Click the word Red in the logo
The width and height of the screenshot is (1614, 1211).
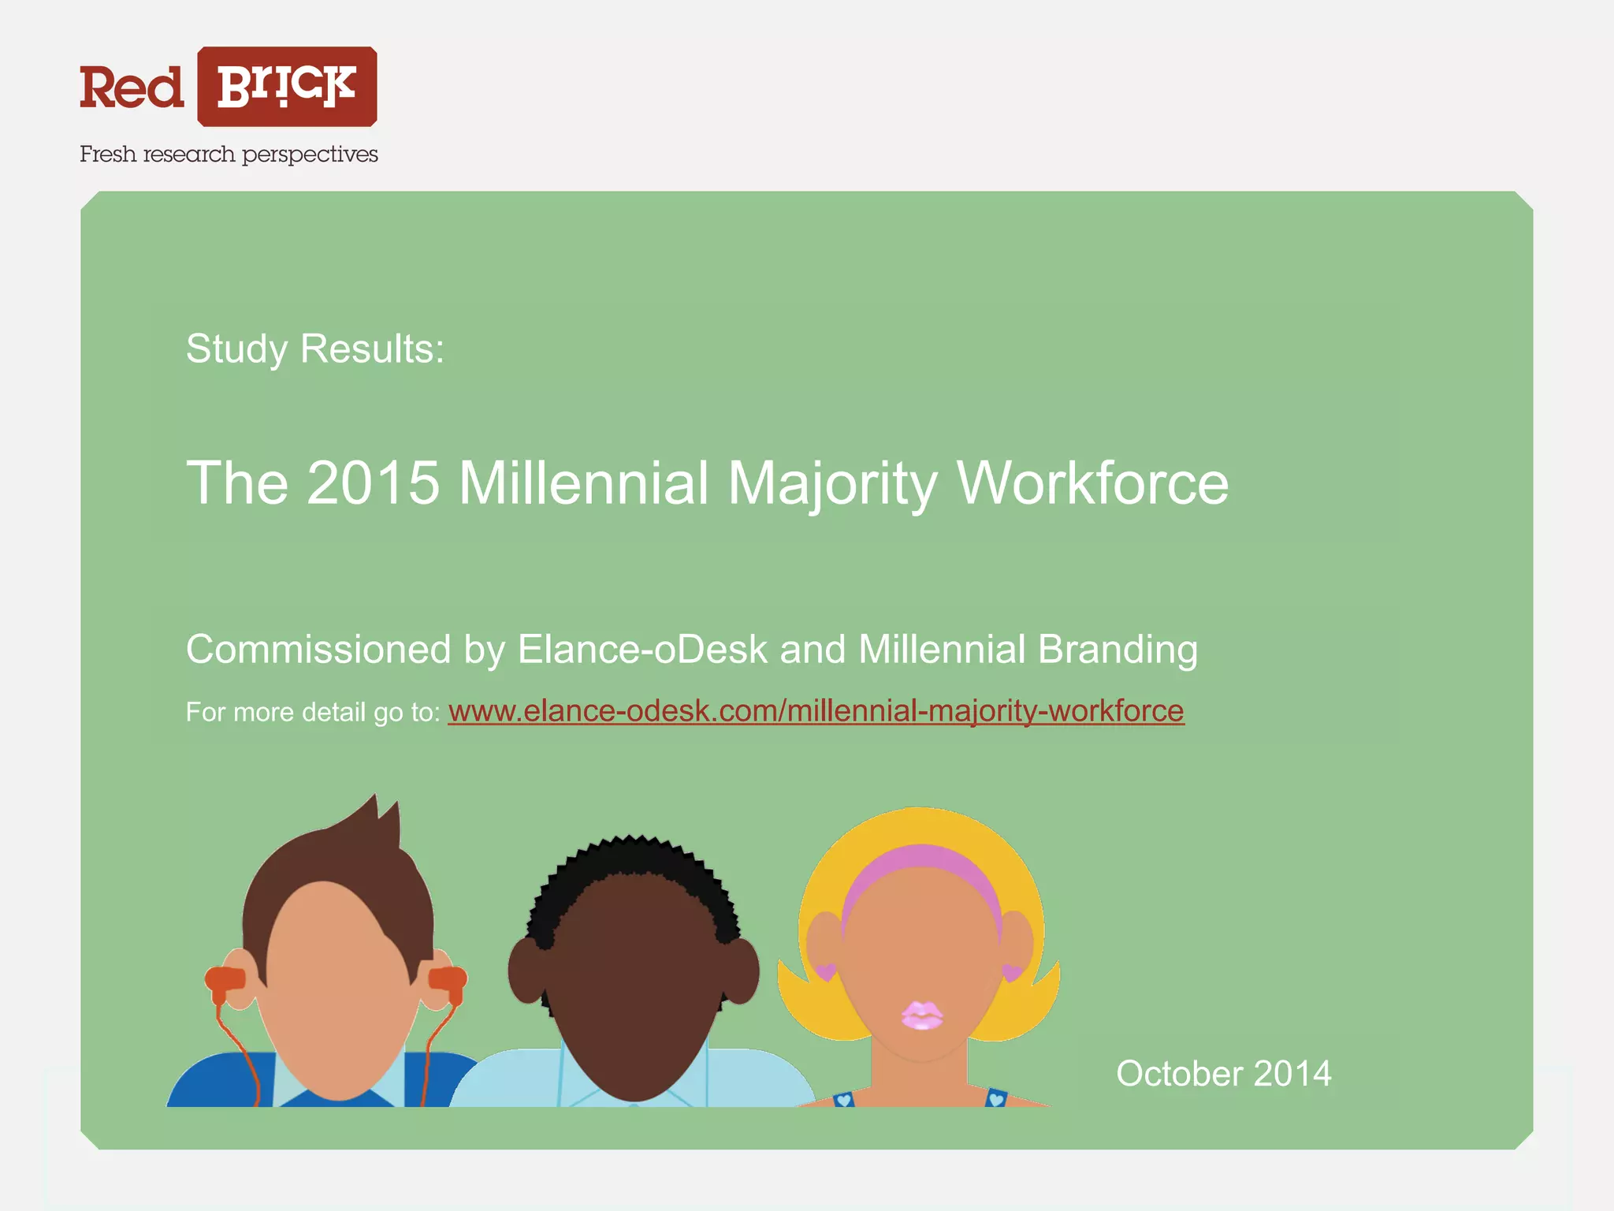(x=132, y=88)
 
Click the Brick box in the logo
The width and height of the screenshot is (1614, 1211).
(x=287, y=87)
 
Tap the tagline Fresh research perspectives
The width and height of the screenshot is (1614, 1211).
(x=229, y=155)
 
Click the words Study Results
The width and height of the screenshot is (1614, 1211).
(x=315, y=348)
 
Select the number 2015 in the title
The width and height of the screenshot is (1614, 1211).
(x=373, y=483)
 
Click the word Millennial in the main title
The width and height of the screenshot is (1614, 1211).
(x=583, y=483)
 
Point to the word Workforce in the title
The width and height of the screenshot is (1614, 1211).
(x=1092, y=483)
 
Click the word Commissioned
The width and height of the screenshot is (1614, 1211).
(x=318, y=650)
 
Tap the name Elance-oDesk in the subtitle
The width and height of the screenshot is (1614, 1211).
(x=642, y=650)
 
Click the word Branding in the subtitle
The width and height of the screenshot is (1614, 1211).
(x=1118, y=650)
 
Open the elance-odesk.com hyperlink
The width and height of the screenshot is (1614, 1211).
(x=816, y=711)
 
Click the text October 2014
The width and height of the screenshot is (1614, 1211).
(x=1223, y=1074)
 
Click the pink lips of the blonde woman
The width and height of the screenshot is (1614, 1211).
(x=920, y=1015)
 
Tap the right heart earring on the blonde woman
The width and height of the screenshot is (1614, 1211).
(x=1012, y=972)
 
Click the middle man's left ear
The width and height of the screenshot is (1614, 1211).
(x=525, y=970)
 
